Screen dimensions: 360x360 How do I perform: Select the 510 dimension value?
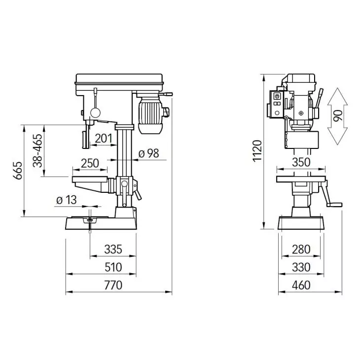[113, 267]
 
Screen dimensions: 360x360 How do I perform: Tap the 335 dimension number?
[113, 250]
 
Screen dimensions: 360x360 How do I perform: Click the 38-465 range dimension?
[37, 150]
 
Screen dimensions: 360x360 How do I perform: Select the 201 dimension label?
[103, 138]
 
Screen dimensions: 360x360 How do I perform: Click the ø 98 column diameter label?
[148, 153]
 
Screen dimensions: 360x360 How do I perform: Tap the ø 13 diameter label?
[67, 200]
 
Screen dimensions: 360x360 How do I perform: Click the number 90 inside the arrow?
[338, 116]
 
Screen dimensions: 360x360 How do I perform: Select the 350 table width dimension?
[301, 163]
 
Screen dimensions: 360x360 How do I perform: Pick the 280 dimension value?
[301, 250]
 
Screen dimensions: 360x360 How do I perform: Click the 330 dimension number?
[301, 267]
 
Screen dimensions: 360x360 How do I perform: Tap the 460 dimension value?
[301, 285]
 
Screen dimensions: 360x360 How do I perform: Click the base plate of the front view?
[101, 223]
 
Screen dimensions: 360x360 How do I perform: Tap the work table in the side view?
[301, 179]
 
